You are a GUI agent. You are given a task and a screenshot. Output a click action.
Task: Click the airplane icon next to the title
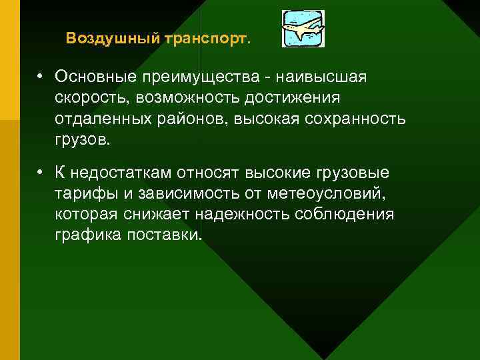point(303,29)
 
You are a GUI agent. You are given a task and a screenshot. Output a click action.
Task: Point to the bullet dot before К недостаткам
point(41,173)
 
